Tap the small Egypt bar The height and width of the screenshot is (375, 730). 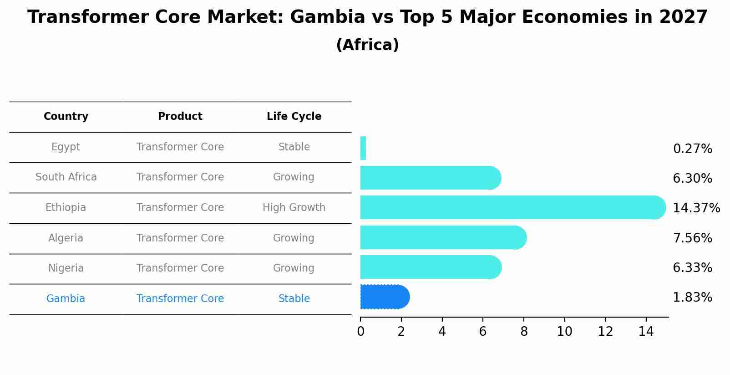coord(363,148)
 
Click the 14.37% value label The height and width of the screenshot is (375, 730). coord(696,208)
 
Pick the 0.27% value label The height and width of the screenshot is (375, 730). coord(692,149)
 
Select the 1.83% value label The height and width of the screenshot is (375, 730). coord(692,298)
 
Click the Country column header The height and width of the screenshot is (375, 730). coord(66,117)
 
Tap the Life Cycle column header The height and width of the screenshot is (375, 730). coord(294,117)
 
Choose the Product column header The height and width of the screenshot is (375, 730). coord(180,117)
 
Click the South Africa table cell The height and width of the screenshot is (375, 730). coord(66,177)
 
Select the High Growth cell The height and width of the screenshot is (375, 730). coord(294,208)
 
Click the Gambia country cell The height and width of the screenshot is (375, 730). coord(66,299)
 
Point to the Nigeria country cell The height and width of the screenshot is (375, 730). coord(66,268)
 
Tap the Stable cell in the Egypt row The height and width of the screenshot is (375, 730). coord(294,147)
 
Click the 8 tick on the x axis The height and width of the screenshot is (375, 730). coord(524,331)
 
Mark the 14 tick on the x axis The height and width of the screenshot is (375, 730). coord(646,331)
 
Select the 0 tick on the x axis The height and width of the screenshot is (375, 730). coord(360,331)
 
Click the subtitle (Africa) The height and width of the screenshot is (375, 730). coord(367,45)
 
